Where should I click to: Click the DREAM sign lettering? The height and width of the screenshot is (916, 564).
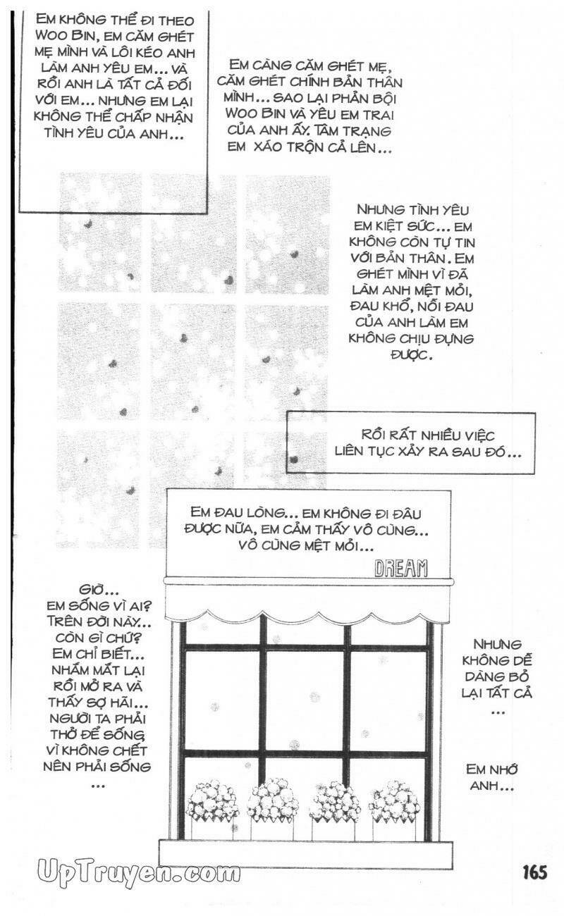401,567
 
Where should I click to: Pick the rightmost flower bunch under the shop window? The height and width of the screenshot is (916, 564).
395,800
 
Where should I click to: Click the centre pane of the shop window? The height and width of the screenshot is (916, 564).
307,701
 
